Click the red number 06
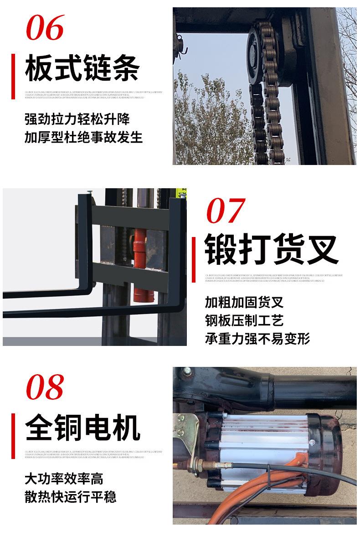(45, 28)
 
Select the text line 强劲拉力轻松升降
(77, 119)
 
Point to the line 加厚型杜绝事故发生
(83, 137)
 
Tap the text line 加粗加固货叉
(244, 302)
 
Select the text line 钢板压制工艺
(244, 320)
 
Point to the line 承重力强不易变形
(257, 339)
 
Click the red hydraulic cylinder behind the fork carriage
(139, 264)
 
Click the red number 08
(45, 388)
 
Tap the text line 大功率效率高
(64, 479)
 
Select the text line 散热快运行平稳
(70, 496)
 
